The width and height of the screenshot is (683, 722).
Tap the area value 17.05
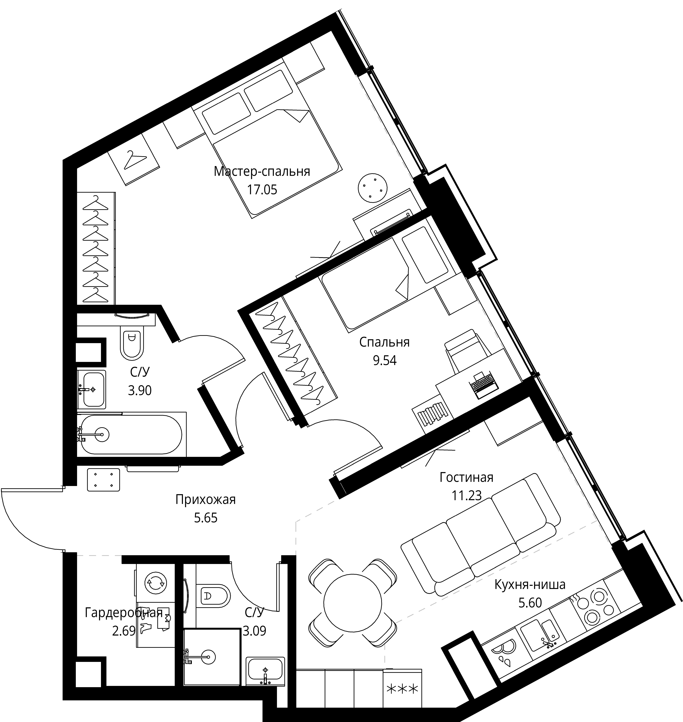(x=262, y=190)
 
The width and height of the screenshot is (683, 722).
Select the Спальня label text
(x=384, y=342)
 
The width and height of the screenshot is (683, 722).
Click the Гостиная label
(x=466, y=477)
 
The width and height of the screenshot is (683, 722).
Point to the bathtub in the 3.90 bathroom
(x=131, y=434)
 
